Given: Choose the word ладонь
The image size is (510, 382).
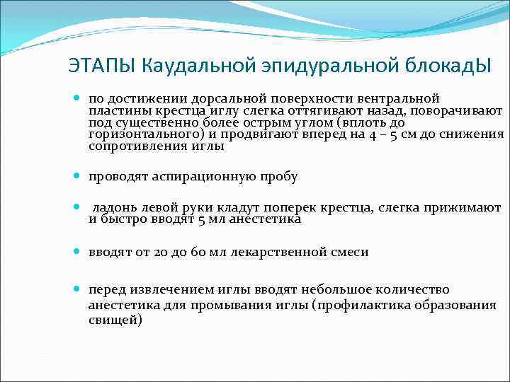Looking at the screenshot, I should (x=113, y=208).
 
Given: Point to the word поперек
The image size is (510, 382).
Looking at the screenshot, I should (x=291, y=208).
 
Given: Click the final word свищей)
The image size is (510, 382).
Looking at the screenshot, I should (x=115, y=320).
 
